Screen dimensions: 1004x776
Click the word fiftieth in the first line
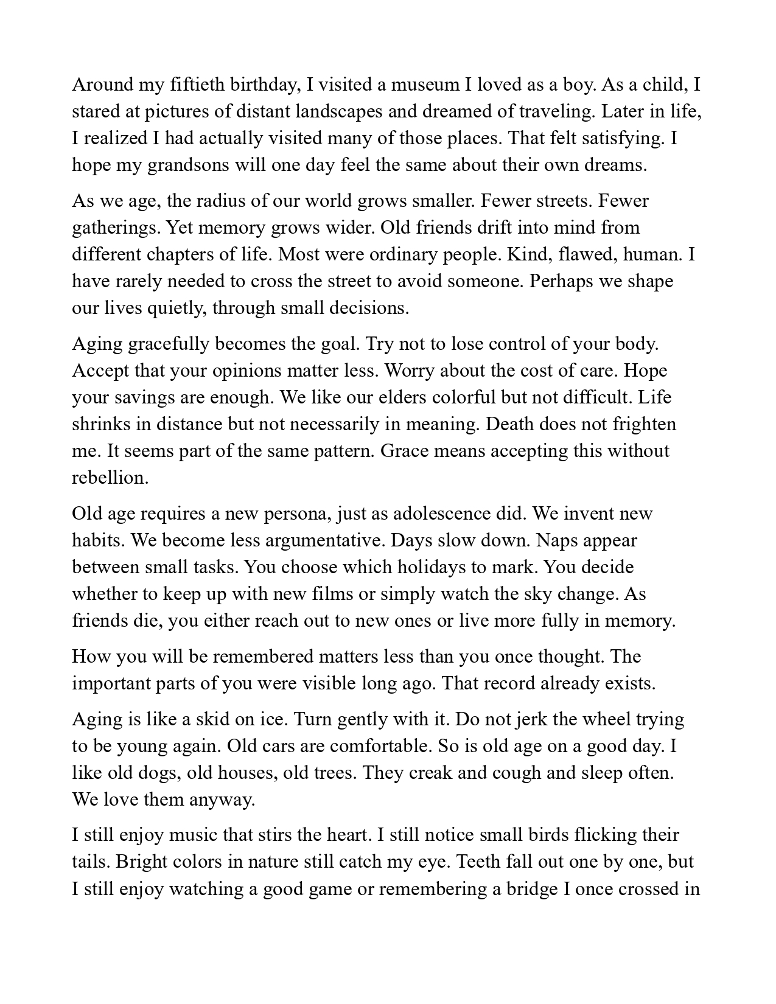click(x=192, y=85)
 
